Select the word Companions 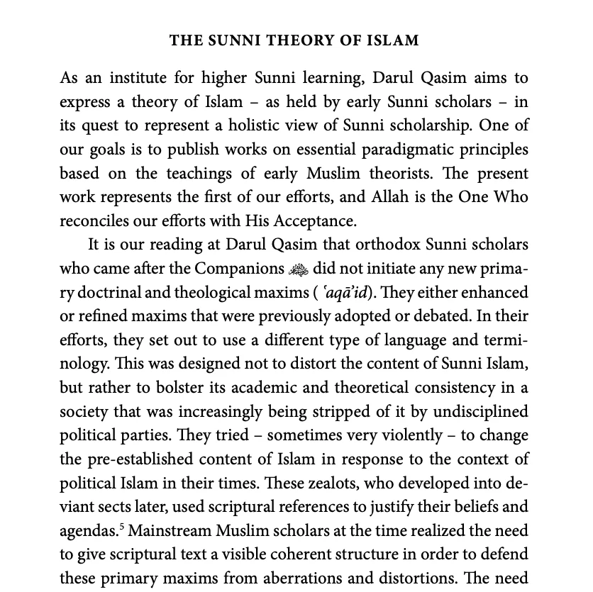pyautogui.click(x=240, y=269)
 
